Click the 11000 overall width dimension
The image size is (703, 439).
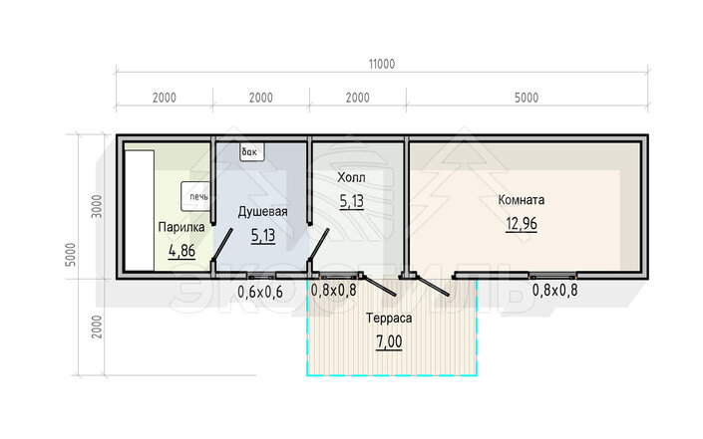[x=382, y=64]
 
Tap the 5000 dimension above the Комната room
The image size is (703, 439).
[x=527, y=98]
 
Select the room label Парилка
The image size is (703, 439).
[x=181, y=227]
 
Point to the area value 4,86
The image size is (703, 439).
[x=182, y=251]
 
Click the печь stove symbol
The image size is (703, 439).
[x=195, y=196]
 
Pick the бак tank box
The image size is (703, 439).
[x=252, y=152]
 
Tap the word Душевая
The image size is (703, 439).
[x=262, y=212]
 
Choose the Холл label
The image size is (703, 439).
[x=351, y=177]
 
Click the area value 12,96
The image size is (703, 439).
[x=522, y=223]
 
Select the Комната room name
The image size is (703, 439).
[x=522, y=199]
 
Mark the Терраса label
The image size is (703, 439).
[x=389, y=319]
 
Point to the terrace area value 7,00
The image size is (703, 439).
[x=389, y=341]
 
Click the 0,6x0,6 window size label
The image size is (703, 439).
[x=260, y=292]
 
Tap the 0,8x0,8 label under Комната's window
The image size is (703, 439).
[x=555, y=291]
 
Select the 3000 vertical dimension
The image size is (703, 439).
[x=97, y=206]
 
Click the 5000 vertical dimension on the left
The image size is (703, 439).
[x=71, y=254]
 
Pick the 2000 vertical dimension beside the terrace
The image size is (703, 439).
[x=97, y=327]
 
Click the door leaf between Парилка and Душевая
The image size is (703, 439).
[x=222, y=244]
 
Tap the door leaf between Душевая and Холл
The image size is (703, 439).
[x=318, y=244]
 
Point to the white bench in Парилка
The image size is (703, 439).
[x=140, y=210]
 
